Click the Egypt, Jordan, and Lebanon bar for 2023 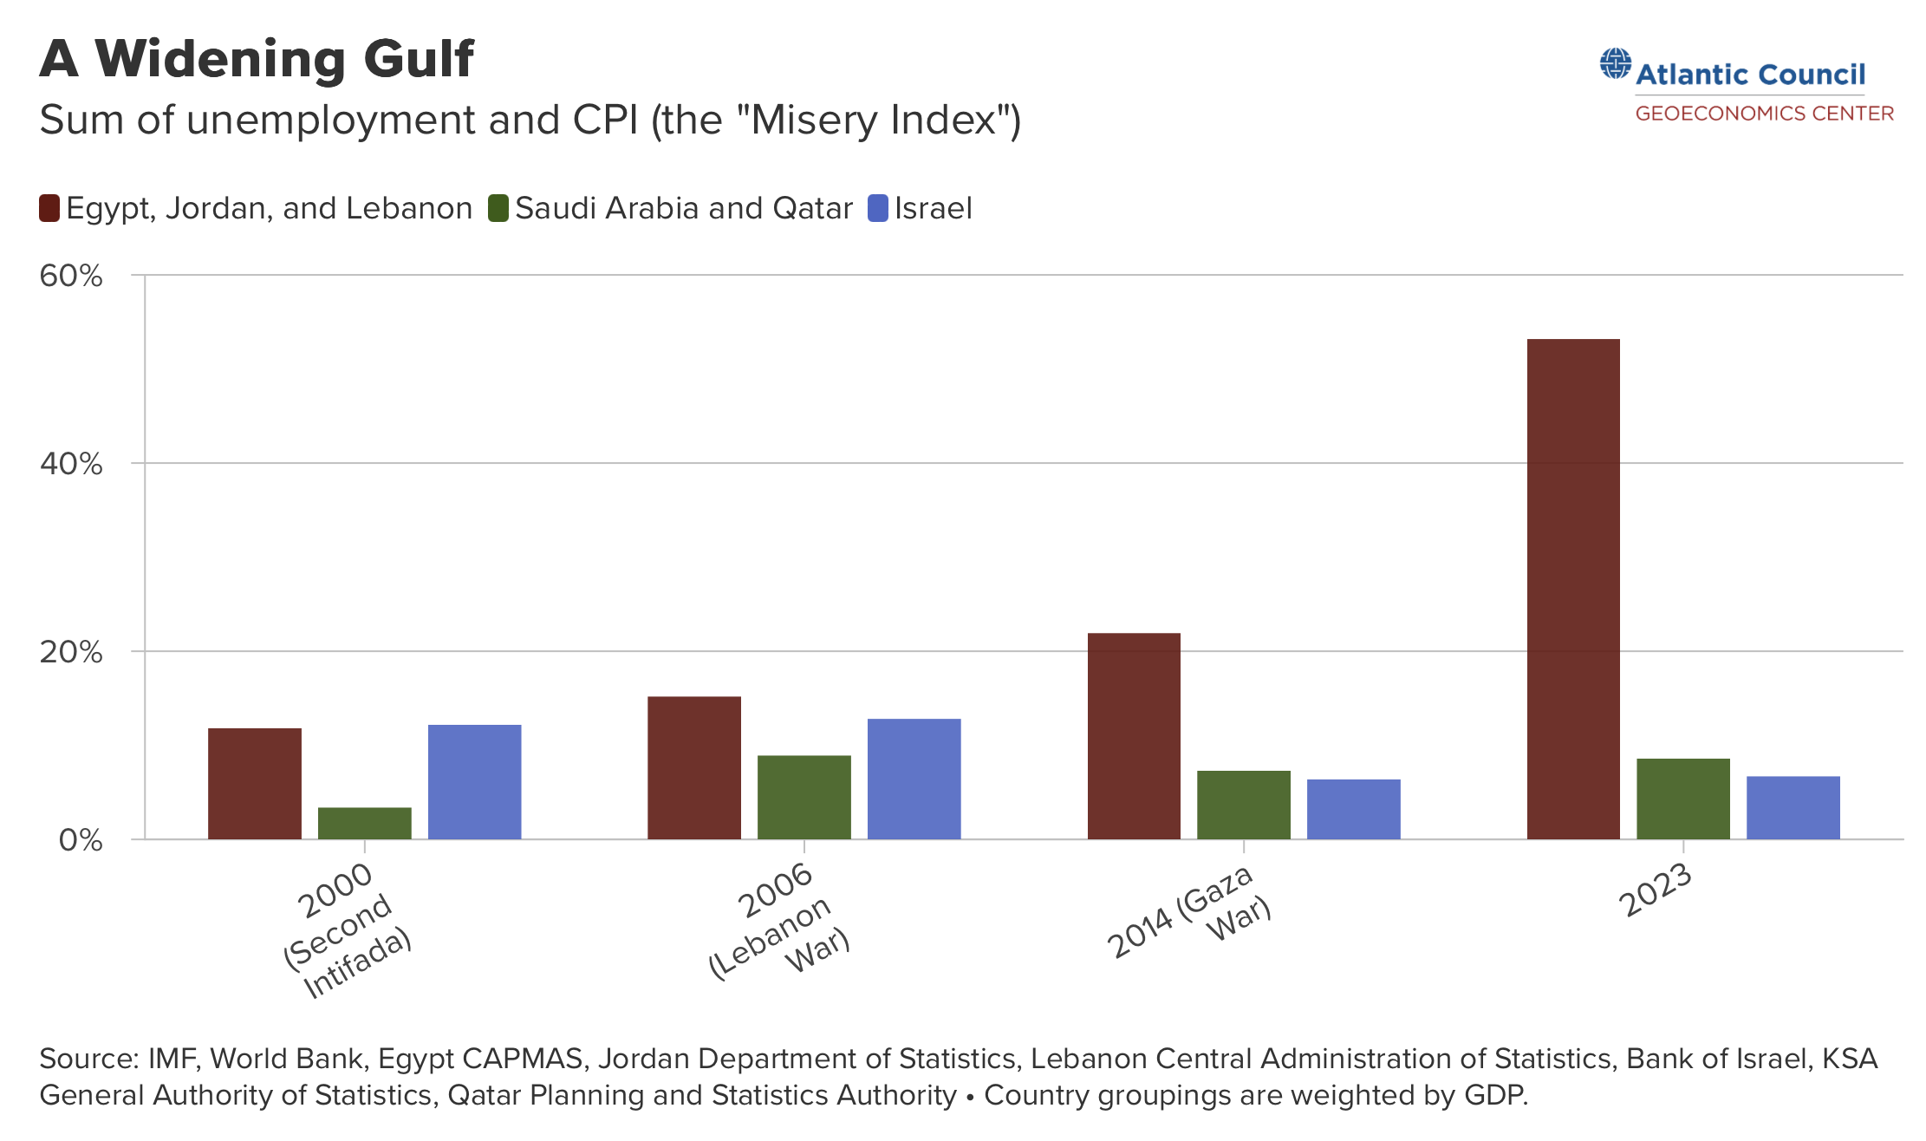1573,590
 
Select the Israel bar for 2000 474,782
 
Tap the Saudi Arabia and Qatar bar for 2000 365,824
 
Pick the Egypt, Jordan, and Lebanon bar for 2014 1134,736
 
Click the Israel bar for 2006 914,779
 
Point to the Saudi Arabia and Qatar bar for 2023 1682,799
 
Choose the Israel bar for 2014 1353,810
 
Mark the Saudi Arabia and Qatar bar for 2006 804,798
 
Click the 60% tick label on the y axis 71,276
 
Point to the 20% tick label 71,652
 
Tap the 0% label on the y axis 81,840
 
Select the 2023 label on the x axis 1655,890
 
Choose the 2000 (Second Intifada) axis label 347,930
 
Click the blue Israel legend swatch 878,209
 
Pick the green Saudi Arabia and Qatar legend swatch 498,209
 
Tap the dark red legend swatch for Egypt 49,209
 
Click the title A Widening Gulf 257,59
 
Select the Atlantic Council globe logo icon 1615,64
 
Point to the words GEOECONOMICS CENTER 1764,114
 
